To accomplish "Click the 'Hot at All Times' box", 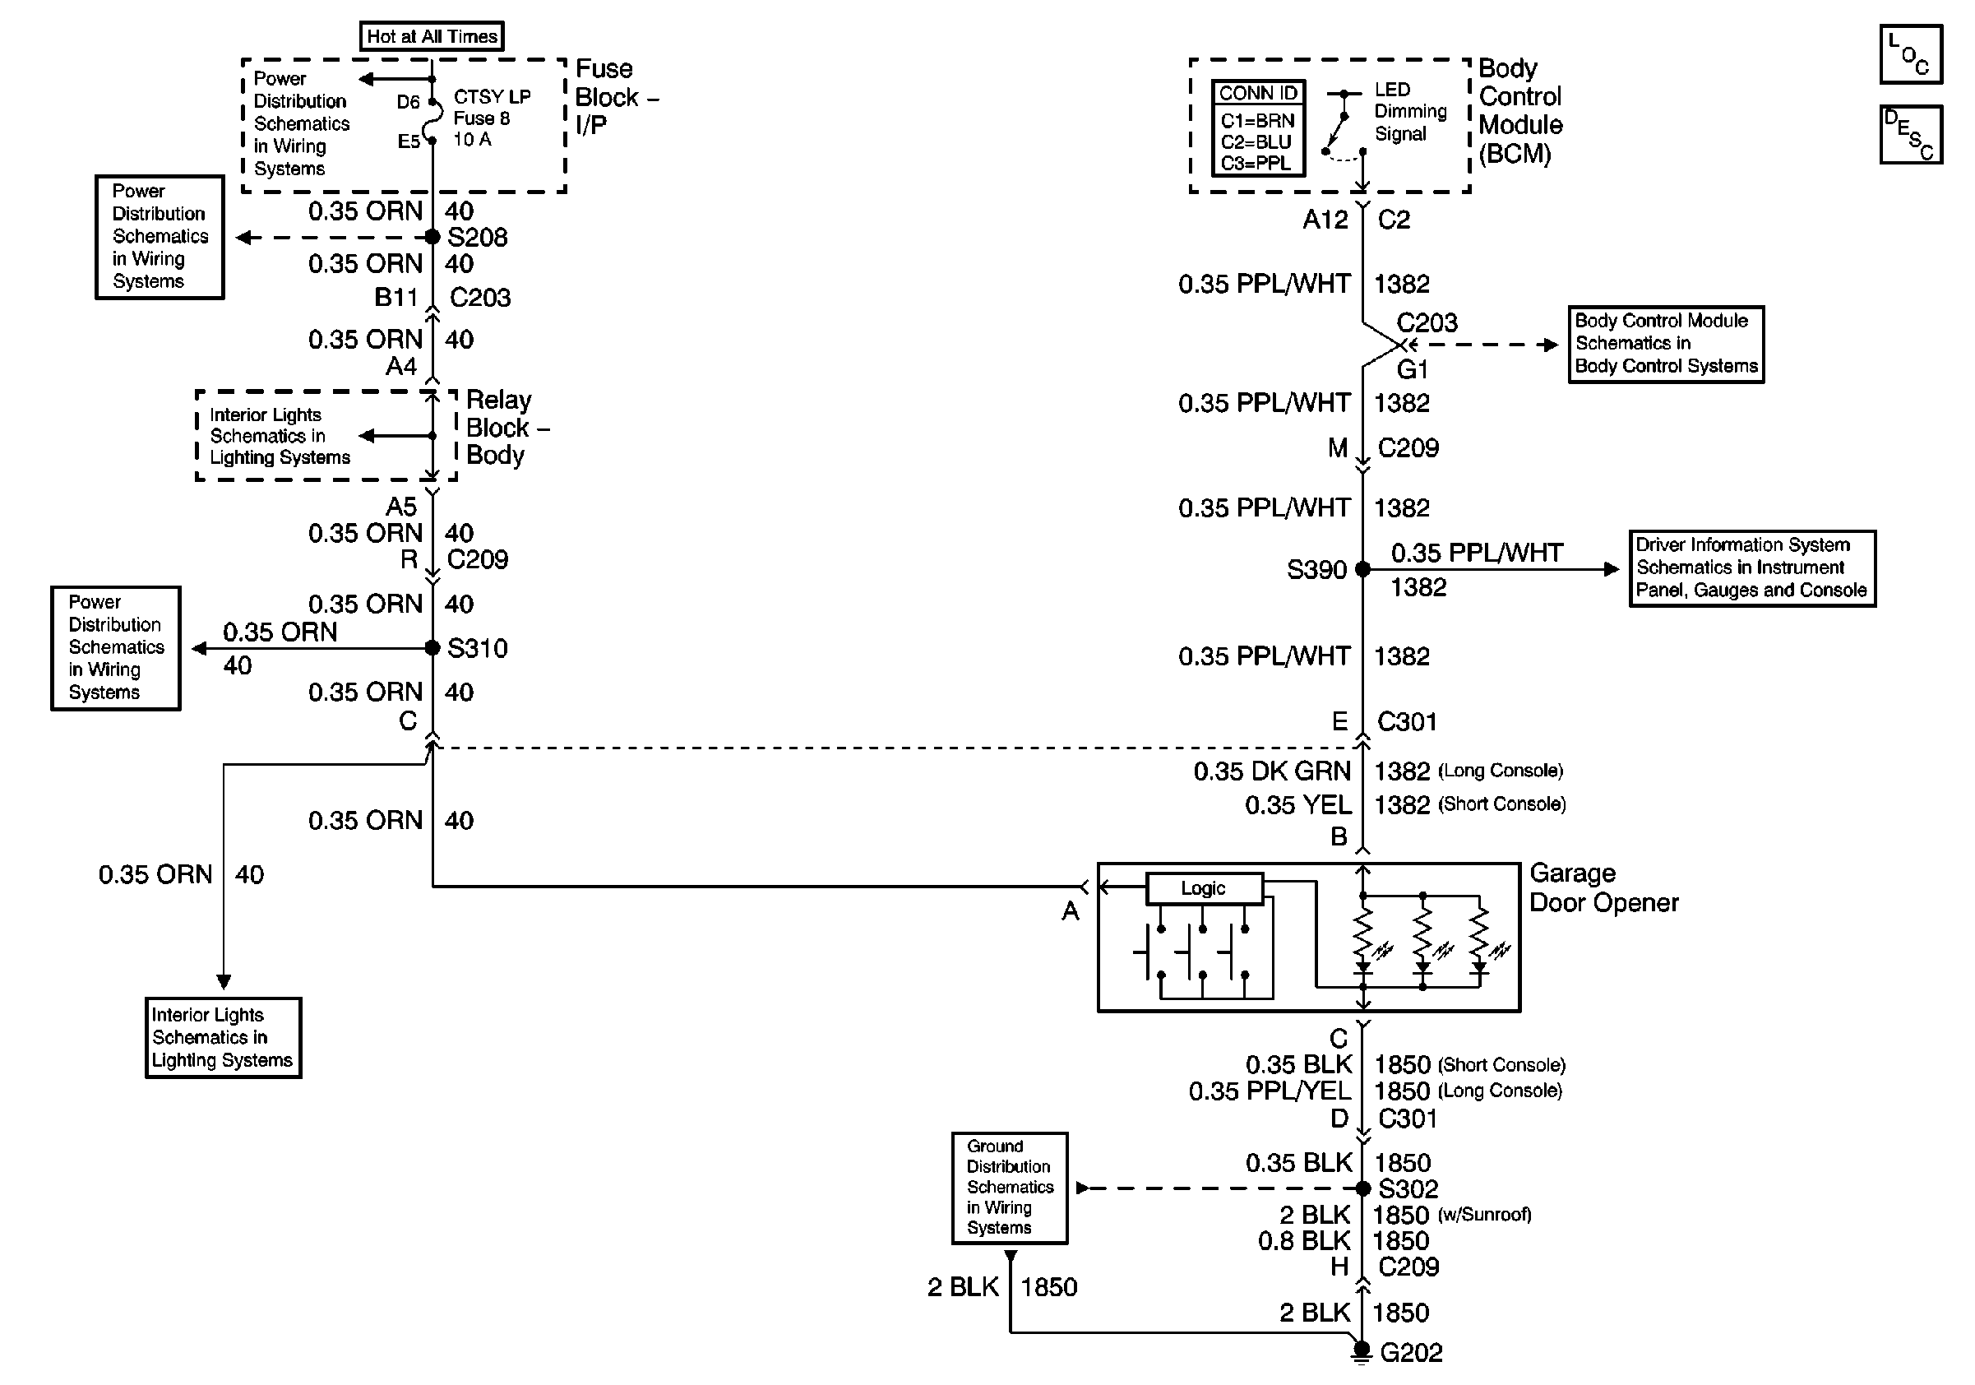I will pos(431,36).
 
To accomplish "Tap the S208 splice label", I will pos(478,237).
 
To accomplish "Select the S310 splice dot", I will pos(432,648).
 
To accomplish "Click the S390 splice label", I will pos(1316,569).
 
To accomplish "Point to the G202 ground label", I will pos(1411,1352).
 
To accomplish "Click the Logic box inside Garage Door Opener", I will pos(1204,887).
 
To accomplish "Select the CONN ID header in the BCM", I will pos(1257,93).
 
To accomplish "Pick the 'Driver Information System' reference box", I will pos(1751,567).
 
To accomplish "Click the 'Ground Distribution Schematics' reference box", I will pos(1009,1187).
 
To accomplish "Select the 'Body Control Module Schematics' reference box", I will pos(1665,343).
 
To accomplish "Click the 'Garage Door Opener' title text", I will pos(1603,887).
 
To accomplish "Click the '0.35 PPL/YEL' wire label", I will pos(1270,1091).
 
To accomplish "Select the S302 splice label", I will pos(1408,1189).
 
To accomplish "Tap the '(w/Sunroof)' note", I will pos(1484,1215).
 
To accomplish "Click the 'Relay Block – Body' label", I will pos(506,428).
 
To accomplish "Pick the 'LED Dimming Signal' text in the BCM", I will pos(1410,112).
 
